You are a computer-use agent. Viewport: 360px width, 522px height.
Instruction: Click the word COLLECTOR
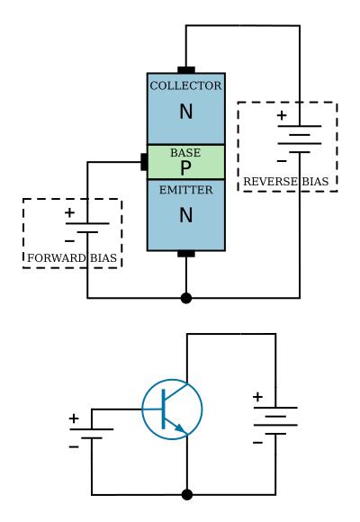pyautogui.click(x=186, y=85)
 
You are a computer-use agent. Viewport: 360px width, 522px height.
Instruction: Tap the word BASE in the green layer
pyautogui.click(x=186, y=153)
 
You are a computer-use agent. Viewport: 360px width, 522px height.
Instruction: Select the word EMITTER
pyautogui.click(x=186, y=189)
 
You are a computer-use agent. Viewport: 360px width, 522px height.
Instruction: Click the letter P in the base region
pyautogui.click(x=186, y=167)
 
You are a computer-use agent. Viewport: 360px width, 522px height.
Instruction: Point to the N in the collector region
pyautogui.click(x=186, y=112)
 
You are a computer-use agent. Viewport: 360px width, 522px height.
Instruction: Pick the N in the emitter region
pyautogui.click(x=186, y=216)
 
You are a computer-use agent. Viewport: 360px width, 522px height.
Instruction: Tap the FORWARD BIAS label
pyautogui.click(x=71, y=258)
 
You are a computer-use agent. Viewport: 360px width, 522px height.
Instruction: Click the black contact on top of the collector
pyautogui.click(x=186, y=69)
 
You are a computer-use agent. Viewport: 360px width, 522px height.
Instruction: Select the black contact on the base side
pyautogui.click(x=144, y=162)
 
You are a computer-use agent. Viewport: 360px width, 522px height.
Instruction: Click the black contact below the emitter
pyautogui.click(x=186, y=254)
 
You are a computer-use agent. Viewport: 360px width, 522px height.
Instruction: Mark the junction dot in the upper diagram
pyautogui.click(x=186, y=297)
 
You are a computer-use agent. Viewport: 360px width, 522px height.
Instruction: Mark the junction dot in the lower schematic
pyautogui.click(x=186, y=494)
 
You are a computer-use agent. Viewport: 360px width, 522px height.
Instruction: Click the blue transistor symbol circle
pyautogui.click(x=173, y=409)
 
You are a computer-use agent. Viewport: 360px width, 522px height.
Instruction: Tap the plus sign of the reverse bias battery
pyautogui.click(x=282, y=115)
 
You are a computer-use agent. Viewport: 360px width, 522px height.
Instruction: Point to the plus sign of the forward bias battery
pyautogui.click(x=70, y=214)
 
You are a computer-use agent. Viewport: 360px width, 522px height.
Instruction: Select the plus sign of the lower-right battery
pyautogui.click(x=257, y=397)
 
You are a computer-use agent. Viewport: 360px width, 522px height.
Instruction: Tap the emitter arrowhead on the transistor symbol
pyautogui.click(x=183, y=429)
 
